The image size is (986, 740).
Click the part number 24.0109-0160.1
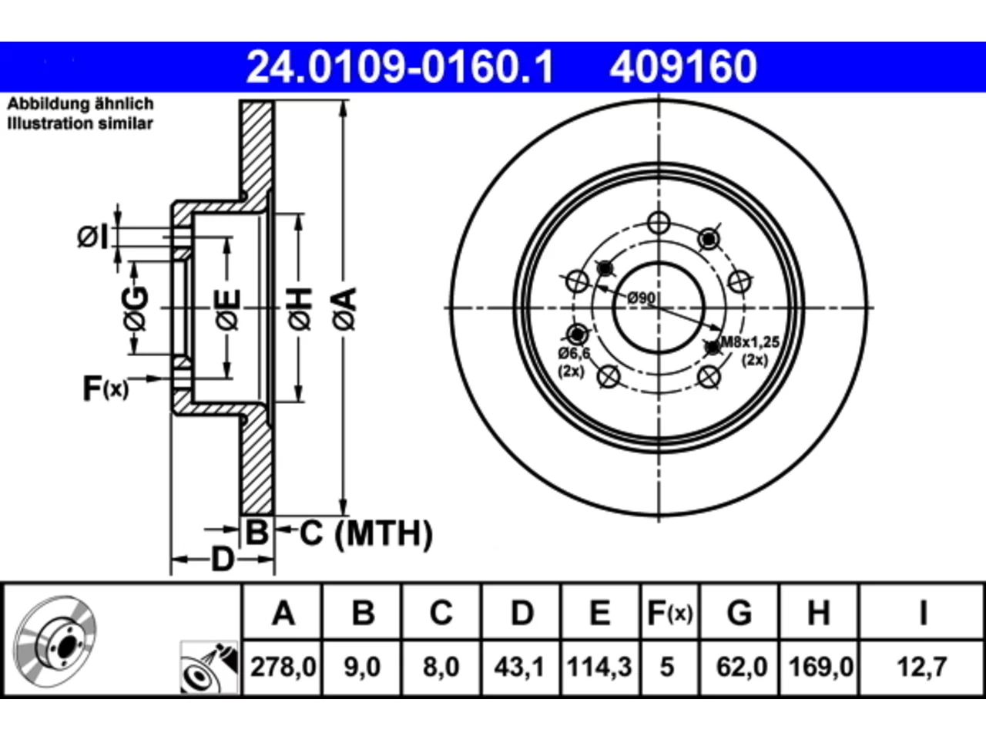[401, 67]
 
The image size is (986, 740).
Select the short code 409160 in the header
[683, 67]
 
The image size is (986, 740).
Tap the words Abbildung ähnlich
[80, 104]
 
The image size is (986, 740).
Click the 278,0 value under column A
[283, 666]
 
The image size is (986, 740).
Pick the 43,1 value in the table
[519, 666]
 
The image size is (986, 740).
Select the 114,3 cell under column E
[599, 666]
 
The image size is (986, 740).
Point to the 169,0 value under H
[820, 666]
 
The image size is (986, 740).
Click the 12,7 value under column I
[922, 666]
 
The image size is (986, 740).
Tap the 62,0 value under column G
[742, 666]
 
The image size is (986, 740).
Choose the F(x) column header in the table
[670, 612]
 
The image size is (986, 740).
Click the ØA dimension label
[344, 309]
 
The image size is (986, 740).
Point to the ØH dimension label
[299, 309]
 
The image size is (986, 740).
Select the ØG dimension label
[136, 309]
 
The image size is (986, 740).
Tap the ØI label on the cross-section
[93, 237]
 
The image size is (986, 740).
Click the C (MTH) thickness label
[366, 533]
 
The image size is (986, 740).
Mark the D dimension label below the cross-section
[223, 560]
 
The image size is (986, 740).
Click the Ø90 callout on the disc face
[641, 298]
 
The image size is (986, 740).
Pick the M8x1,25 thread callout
[750, 342]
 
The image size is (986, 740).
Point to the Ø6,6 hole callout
[574, 354]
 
